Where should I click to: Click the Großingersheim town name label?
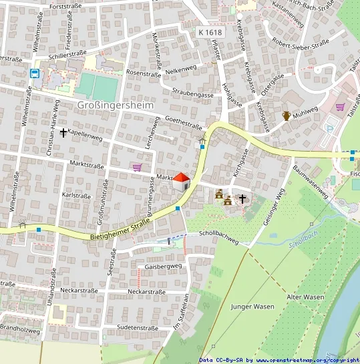[x=116, y=105]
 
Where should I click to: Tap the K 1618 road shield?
[x=209, y=32]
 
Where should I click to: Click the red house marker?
[x=181, y=180]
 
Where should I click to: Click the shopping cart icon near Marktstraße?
[x=137, y=167]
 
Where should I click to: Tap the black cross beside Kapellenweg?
[x=63, y=132]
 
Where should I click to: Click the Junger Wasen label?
[x=252, y=307]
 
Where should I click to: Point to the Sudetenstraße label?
[x=136, y=328]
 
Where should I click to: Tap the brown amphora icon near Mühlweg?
[x=287, y=116]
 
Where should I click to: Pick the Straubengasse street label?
[x=192, y=95]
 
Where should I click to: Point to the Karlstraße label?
[x=75, y=196]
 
